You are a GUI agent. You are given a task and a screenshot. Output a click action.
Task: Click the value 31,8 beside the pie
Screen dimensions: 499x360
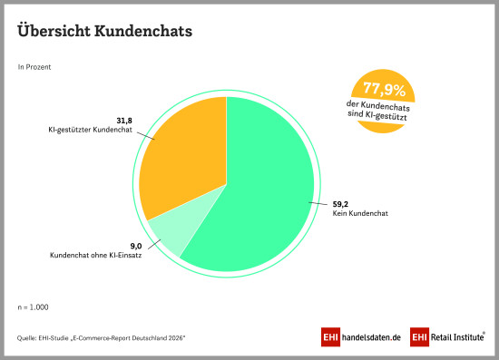coord(124,121)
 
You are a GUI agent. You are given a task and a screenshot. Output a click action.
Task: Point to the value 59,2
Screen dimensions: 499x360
coord(340,204)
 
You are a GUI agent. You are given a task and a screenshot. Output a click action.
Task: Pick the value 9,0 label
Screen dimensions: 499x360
coord(136,246)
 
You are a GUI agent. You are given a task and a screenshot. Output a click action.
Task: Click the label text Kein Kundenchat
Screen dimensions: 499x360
coord(360,213)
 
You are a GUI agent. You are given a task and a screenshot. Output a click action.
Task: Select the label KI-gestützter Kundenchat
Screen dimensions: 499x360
coord(90,130)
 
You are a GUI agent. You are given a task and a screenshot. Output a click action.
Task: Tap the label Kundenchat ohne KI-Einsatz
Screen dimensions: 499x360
coord(96,255)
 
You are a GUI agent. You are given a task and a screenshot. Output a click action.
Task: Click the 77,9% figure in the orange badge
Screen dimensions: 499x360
coord(385,89)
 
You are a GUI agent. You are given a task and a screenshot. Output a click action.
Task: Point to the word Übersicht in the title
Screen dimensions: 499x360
coord(54,31)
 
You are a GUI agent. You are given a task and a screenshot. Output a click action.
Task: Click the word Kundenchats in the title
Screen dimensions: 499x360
coord(143,31)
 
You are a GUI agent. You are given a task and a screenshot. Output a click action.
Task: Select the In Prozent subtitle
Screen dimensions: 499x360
coord(34,67)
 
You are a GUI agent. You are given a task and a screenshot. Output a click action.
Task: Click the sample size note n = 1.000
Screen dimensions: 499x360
coord(33,307)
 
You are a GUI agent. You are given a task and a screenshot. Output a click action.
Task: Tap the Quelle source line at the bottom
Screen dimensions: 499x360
coord(102,338)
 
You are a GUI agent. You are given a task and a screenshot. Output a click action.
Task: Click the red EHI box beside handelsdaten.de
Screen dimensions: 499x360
coord(330,336)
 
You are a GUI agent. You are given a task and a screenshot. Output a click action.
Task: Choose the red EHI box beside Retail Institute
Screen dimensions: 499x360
coord(419,336)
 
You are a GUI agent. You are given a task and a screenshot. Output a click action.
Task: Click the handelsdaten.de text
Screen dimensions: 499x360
coord(371,337)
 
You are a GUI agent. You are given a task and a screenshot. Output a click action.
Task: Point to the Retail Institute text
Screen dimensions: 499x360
coord(457,336)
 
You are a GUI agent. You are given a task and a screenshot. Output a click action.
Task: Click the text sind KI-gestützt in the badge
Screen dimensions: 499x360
coord(377,115)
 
